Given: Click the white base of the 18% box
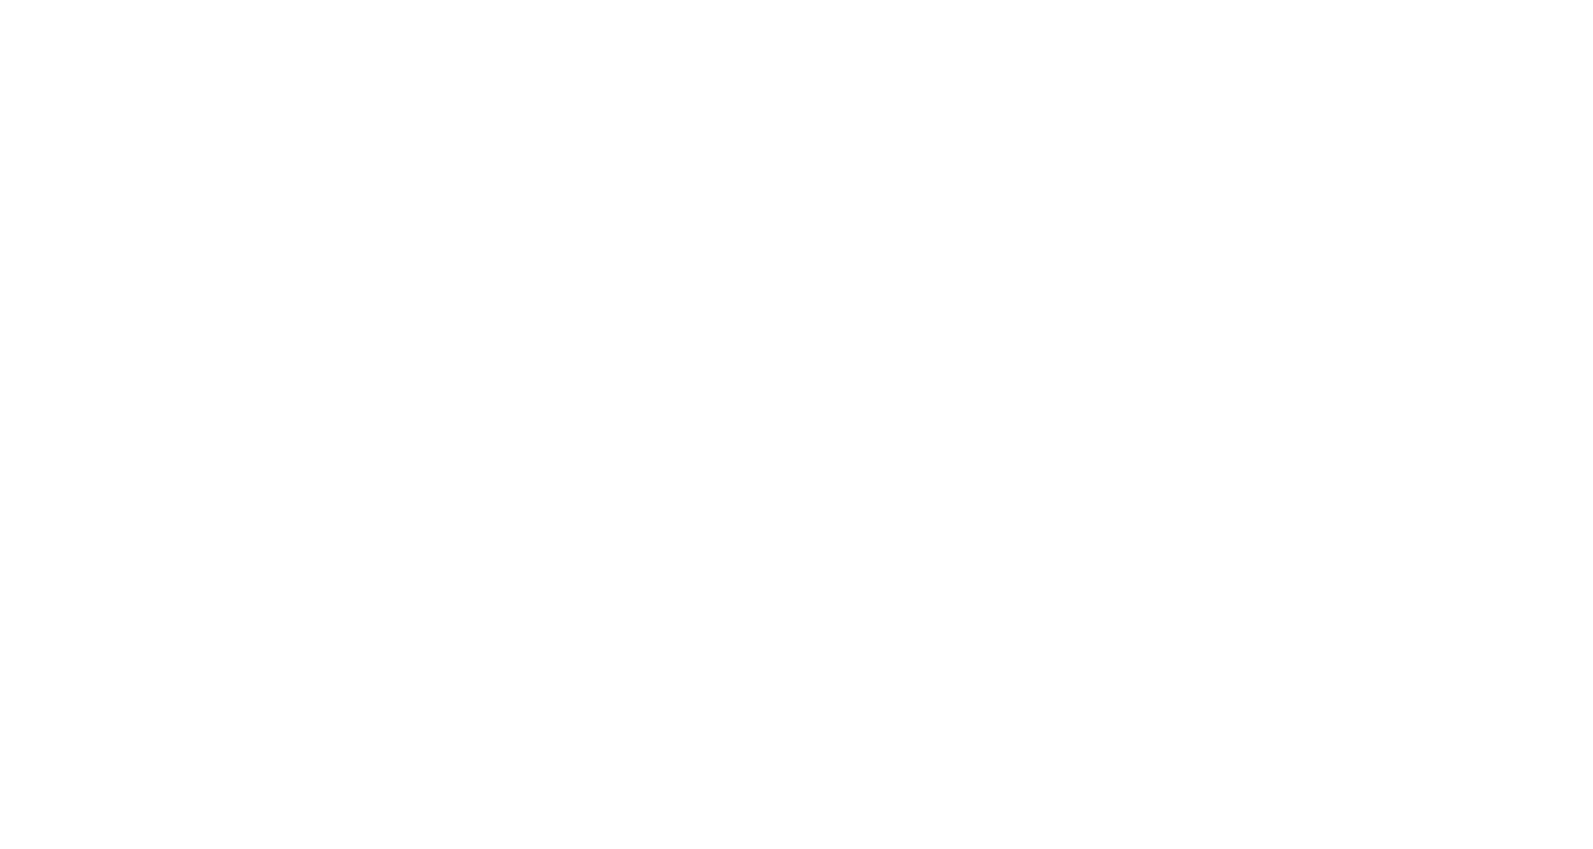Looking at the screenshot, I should [x=162, y=342].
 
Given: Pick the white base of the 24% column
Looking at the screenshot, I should [x=456, y=395].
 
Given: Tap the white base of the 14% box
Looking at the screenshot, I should [x=1383, y=200].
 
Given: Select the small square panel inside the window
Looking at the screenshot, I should [x=1156, y=549].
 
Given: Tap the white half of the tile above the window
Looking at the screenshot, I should [x=832, y=150].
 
